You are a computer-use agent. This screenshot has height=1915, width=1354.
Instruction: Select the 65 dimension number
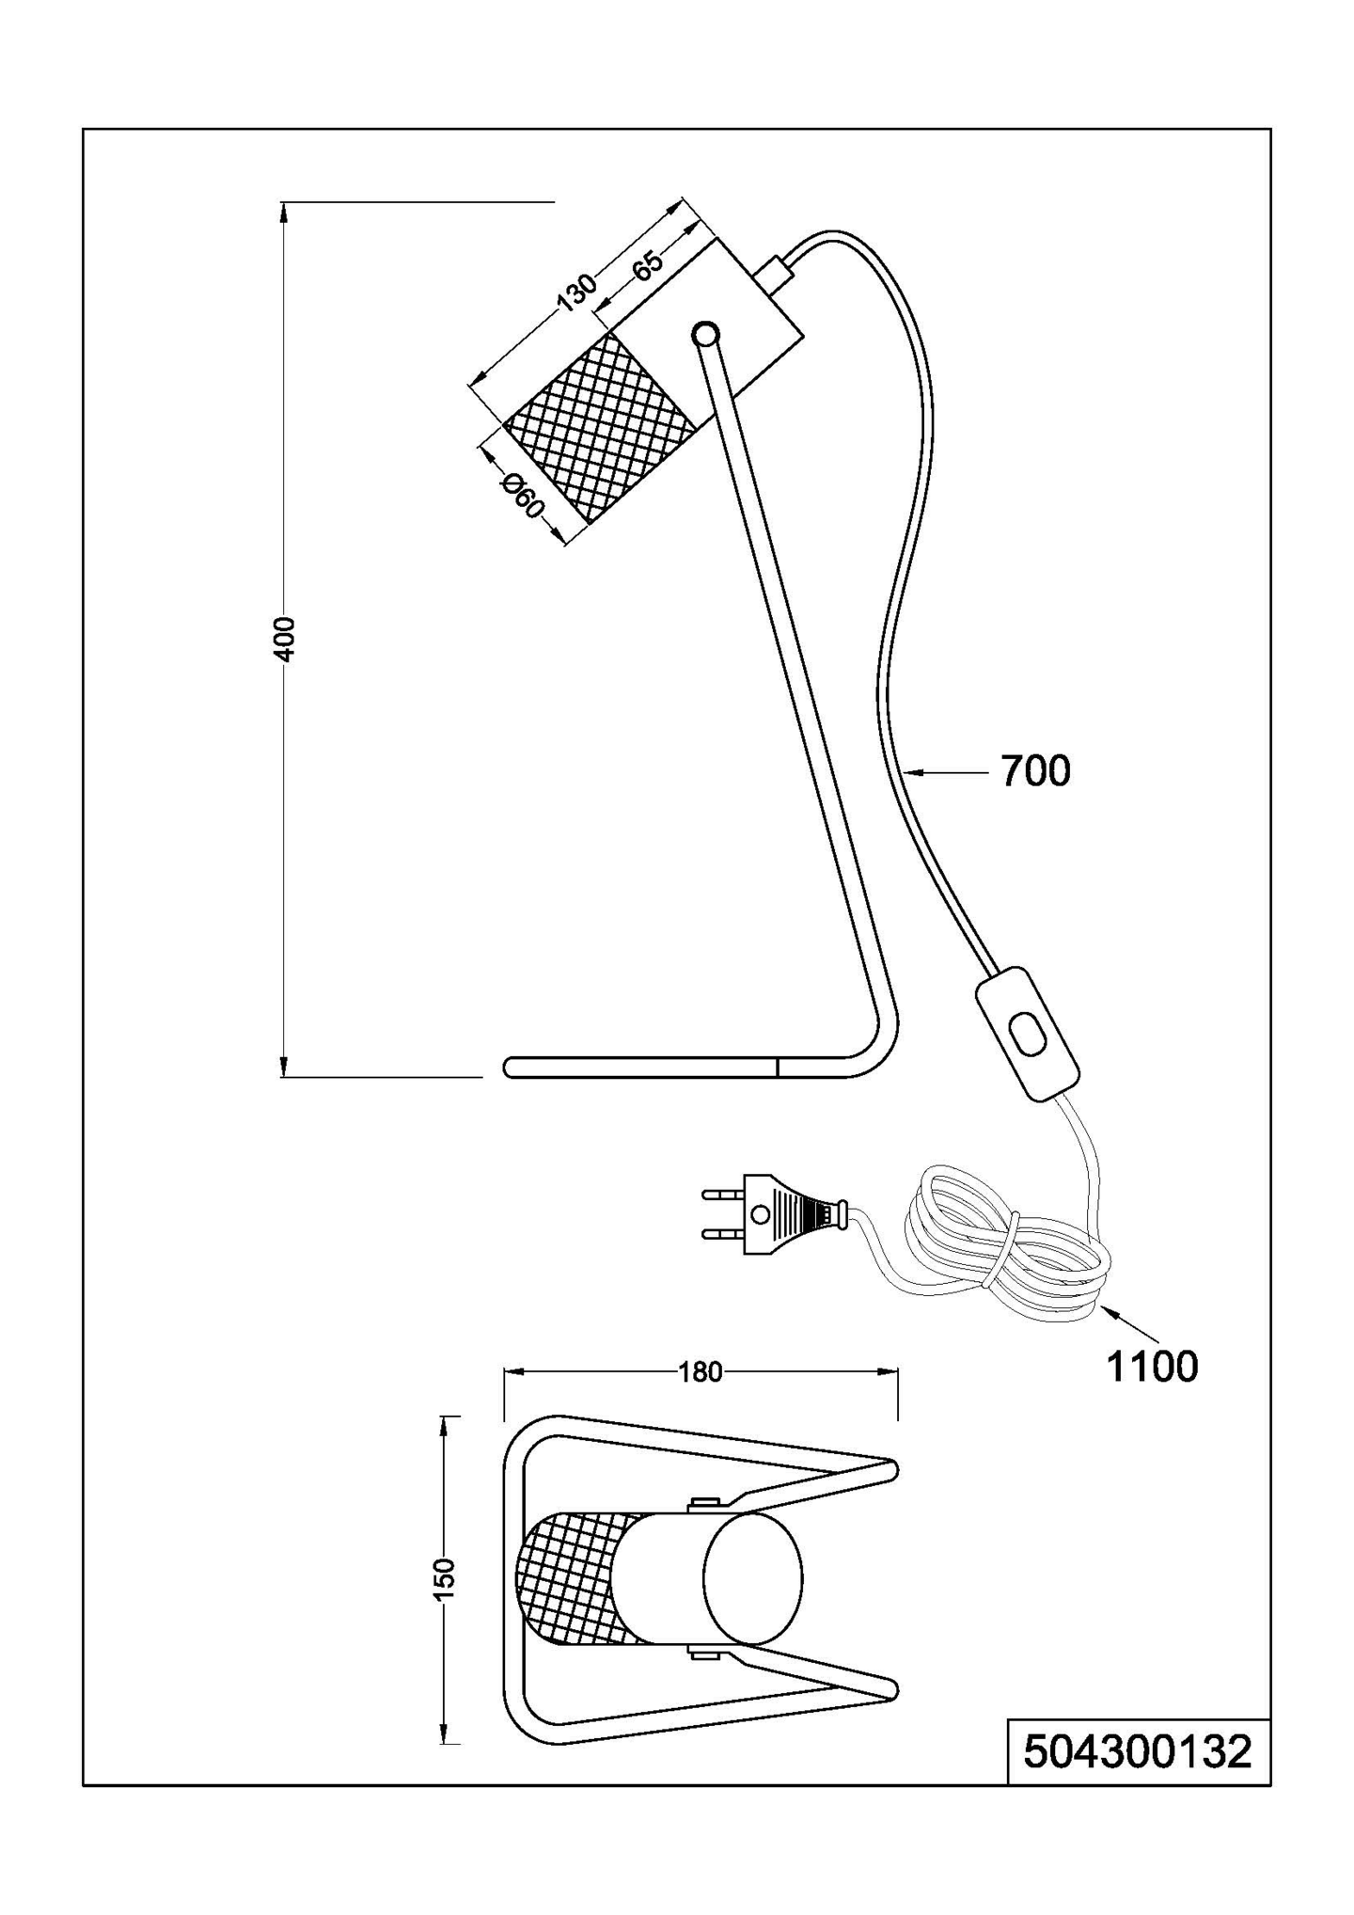coord(648,264)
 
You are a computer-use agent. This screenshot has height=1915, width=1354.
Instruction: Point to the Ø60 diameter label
coord(523,496)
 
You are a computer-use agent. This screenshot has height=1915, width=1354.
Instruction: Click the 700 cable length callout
coord(1035,771)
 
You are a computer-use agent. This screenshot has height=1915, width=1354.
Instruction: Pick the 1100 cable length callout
coord(1152,1367)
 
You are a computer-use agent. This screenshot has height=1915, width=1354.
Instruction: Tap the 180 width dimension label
coord(700,1372)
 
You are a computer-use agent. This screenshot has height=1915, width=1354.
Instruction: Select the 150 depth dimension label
coord(447,1579)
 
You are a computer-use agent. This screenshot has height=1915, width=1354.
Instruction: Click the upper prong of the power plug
coord(722,1195)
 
